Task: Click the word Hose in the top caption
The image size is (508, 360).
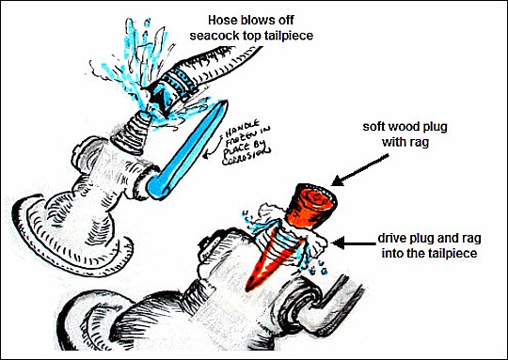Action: [223, 20]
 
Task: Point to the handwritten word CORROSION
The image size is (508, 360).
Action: [246, 157]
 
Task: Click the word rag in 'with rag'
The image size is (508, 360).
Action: [420, 143]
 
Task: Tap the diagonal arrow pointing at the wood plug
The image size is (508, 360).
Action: [360, 171]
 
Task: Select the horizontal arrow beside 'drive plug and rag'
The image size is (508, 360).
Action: [354, 243]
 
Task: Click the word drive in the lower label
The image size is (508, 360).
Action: [389, 239]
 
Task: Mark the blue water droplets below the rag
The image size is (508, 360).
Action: [317, 270]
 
